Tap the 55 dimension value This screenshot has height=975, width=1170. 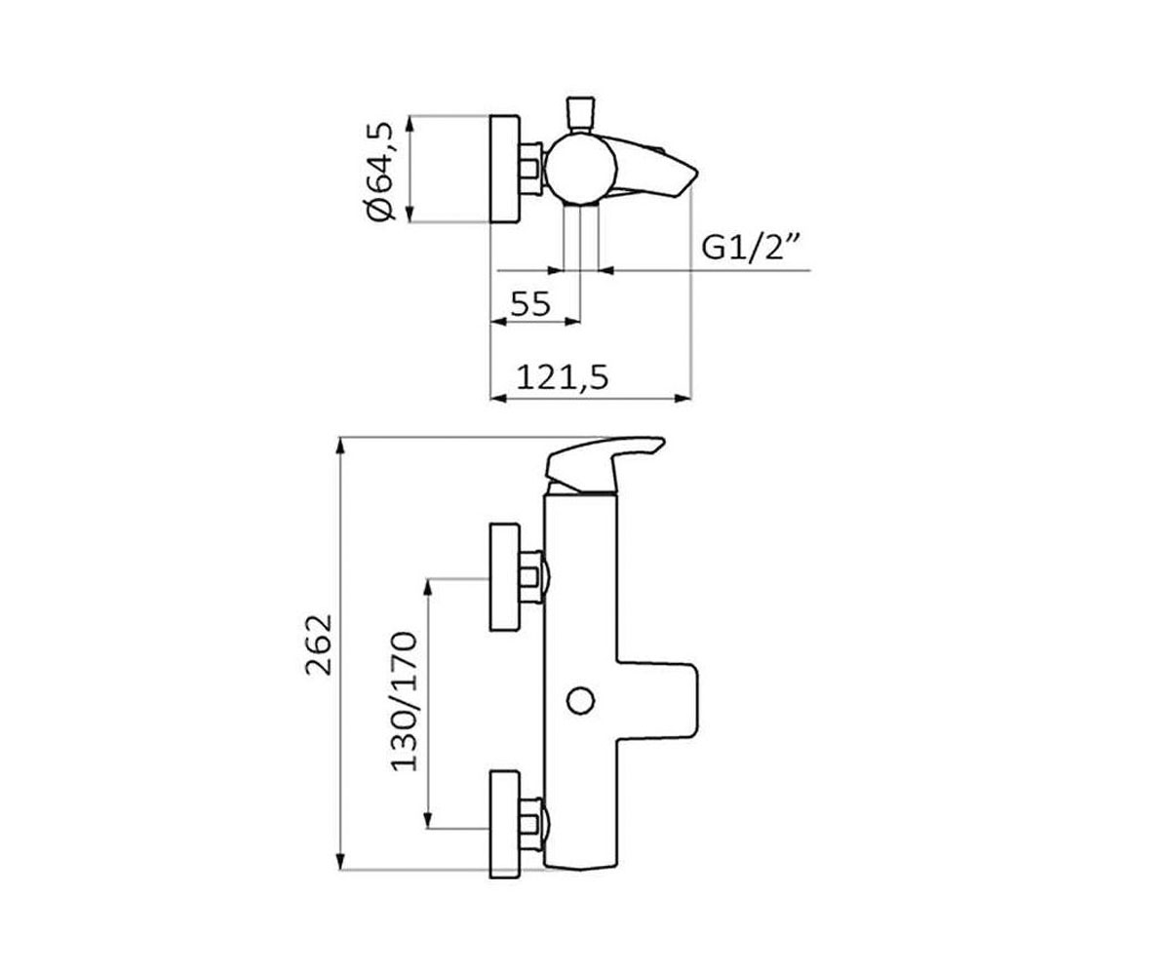click(530, 304)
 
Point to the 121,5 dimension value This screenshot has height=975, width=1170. click(562, 377)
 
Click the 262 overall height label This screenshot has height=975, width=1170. click(319, 644)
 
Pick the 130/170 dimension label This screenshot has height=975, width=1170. click(404, 702)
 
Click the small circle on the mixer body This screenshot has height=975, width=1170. click(580, 701)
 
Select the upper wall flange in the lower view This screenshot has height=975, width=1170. click(504, 577)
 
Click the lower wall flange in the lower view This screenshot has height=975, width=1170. click(504, 824)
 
